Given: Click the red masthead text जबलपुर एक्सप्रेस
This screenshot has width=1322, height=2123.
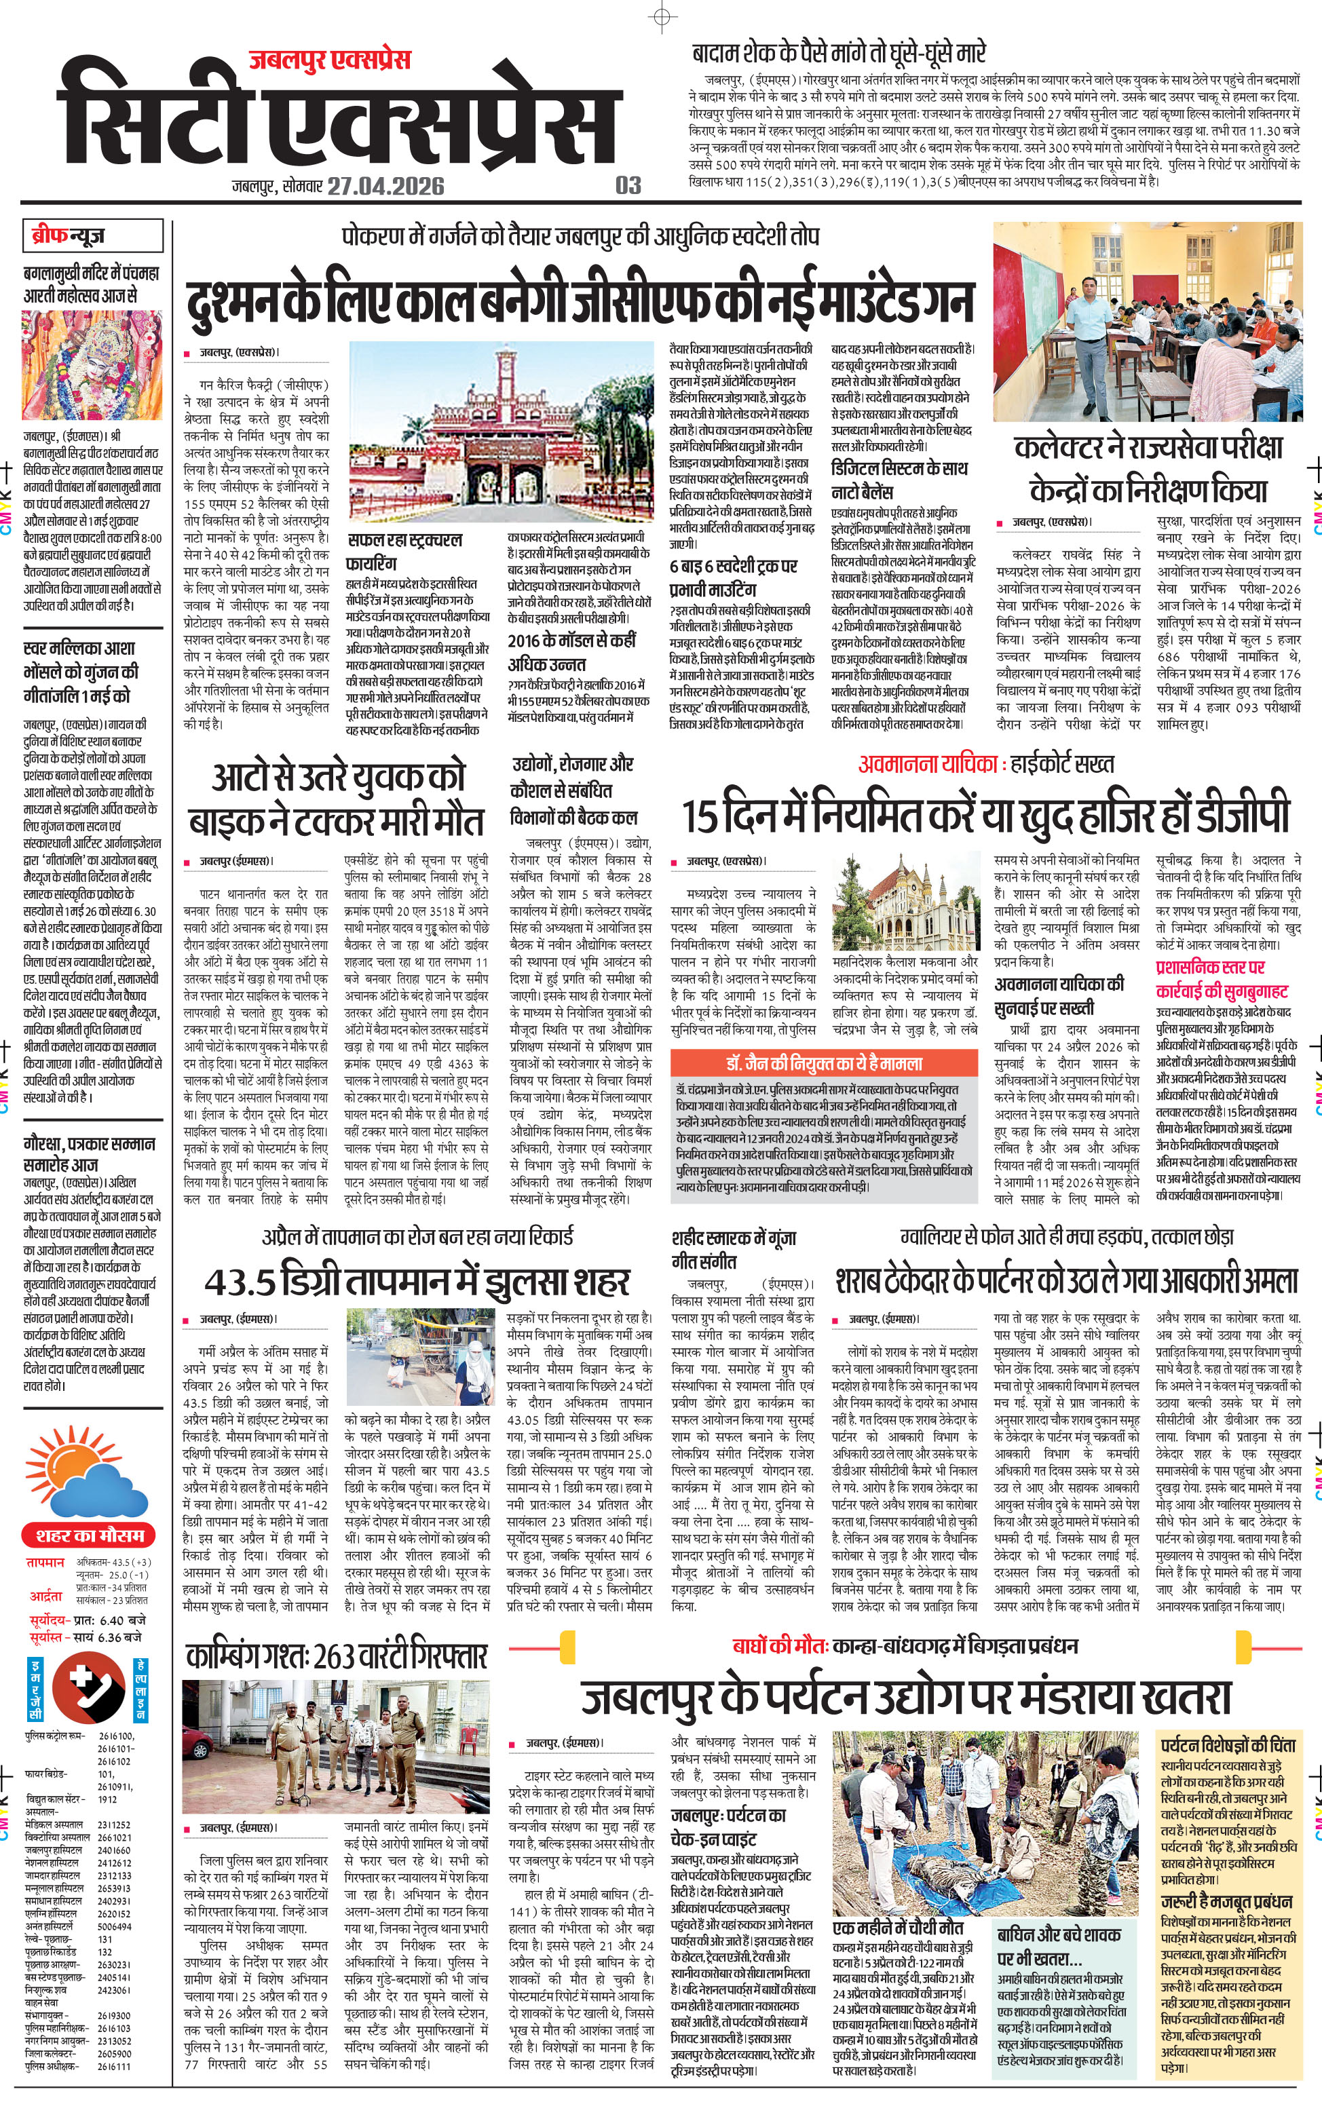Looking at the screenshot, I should click(x=330, y=60).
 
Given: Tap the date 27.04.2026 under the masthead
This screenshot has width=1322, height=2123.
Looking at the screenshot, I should click(x=385, y=186).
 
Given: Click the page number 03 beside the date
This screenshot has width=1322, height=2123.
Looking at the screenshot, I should click(x=628, y=185).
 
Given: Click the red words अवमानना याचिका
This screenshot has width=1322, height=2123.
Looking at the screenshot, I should click(x=928, y=764).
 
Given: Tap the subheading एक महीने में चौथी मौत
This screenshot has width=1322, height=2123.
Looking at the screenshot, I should click(x=897, y=1927).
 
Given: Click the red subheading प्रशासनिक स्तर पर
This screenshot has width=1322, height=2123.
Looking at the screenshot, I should click(x=1210, y=967).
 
